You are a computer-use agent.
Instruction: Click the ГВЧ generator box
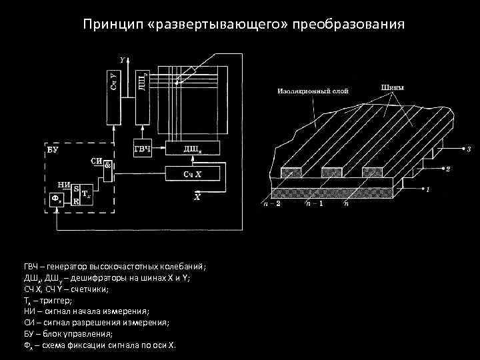point(142,149)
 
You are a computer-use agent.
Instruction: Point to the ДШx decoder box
point(193,149)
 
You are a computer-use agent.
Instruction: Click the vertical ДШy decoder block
point(141,90)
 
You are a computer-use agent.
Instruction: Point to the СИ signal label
point(96,161)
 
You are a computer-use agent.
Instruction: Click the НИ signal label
point(64,185)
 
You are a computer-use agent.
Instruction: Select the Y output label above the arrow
point(122,59)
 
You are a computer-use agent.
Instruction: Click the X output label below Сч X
point(197,197)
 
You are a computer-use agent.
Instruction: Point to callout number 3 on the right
point(468,149)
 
